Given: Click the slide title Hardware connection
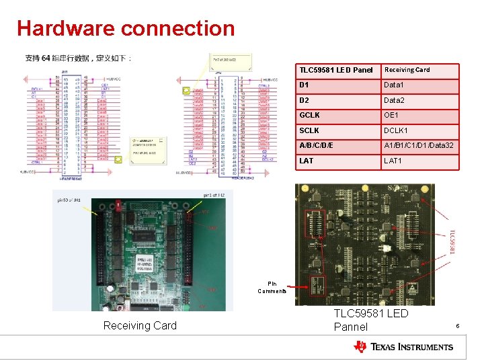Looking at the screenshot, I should point(126,28).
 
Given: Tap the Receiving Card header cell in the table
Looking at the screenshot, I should point(419,70).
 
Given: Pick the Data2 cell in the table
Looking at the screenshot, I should point(419,100).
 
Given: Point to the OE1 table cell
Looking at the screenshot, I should point(419,116).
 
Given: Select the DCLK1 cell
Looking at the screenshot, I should point(419,130).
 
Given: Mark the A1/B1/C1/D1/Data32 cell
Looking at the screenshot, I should point(419,146).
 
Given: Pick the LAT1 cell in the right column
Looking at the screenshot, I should point(419,161).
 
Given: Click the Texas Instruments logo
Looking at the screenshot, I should point(403,347).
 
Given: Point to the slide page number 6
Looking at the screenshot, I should point(457,326).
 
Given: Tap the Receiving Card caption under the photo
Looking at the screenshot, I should point(140,326).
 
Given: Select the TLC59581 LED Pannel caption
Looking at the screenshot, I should point(370,320).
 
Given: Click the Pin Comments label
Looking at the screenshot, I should point(272,287).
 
